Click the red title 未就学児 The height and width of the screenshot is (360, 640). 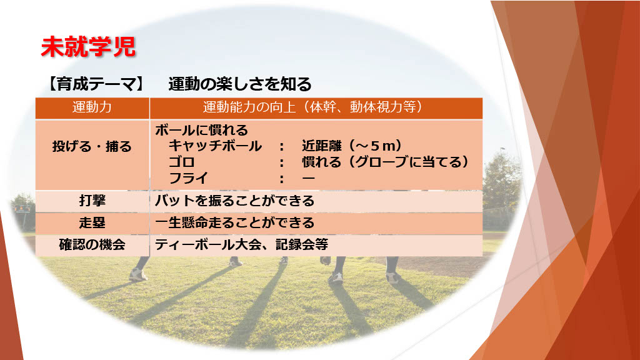click(87, 46)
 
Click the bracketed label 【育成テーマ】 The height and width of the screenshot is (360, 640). click(96, 84)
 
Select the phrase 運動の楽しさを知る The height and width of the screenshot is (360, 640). click(239, 84)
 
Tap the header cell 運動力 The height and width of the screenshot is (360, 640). click(92, 107)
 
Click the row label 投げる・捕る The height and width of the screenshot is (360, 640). click(92, 146)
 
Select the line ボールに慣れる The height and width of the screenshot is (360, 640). click(201, 130)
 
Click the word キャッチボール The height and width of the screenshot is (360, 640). click(215, 146)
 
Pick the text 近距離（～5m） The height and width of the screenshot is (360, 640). click(352, 146)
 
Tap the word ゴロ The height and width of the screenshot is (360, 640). click(182, 162)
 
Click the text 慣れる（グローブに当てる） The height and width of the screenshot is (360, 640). click(386, 162)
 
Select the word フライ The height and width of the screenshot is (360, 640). click(189, 178)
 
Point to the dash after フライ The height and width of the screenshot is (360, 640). click(309, 178)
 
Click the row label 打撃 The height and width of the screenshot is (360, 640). click(92, 201)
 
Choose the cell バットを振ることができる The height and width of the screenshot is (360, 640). click(235, 201)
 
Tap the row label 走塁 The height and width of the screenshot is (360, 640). click(92, 223)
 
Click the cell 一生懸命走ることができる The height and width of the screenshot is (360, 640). click(235, 223)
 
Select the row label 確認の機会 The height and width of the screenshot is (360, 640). click(92, 245)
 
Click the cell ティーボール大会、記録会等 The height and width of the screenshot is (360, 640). click(242, 245)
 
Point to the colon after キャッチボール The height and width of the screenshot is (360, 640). click(282, 146)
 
